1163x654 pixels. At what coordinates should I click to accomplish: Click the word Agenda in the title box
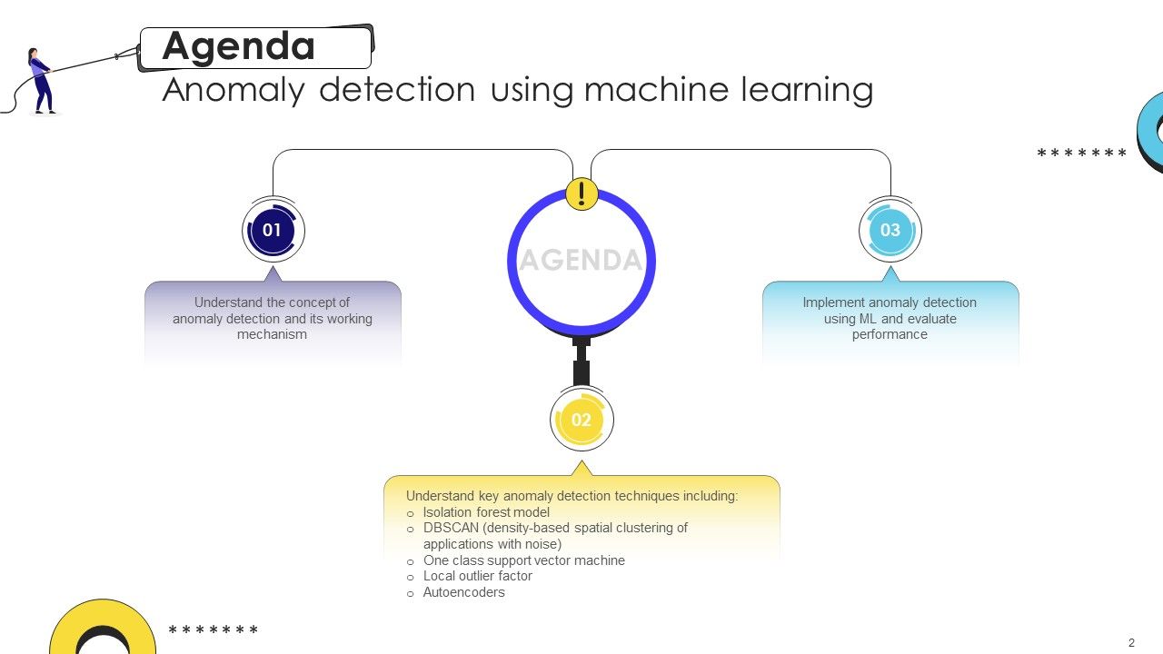point(238,46)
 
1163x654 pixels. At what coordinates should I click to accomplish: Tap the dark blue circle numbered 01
point(273,231)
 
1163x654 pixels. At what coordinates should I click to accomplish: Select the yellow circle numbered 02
point(581,420)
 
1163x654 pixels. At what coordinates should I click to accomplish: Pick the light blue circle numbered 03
point(890,231)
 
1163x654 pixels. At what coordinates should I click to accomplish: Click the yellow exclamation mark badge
point(581,193)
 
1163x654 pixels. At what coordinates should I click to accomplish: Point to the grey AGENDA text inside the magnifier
point(581,261)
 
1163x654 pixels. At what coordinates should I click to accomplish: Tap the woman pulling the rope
point(41,81)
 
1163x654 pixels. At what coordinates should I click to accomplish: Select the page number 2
point(1131,643)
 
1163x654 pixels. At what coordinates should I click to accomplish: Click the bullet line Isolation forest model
point(486,512)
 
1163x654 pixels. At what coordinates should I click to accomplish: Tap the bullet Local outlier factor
point(478,576)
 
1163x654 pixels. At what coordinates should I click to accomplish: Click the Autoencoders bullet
point(463,592)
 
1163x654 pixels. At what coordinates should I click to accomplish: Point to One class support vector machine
point(524,560)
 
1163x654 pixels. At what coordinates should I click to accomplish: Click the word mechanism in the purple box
point(272,334)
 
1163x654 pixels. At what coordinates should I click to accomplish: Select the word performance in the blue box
point(890,334)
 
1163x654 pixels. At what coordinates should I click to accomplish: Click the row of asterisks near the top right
point(1081,154)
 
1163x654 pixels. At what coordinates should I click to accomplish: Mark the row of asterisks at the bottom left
point(214,630)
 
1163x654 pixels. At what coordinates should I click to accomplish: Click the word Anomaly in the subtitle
point(234,90)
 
